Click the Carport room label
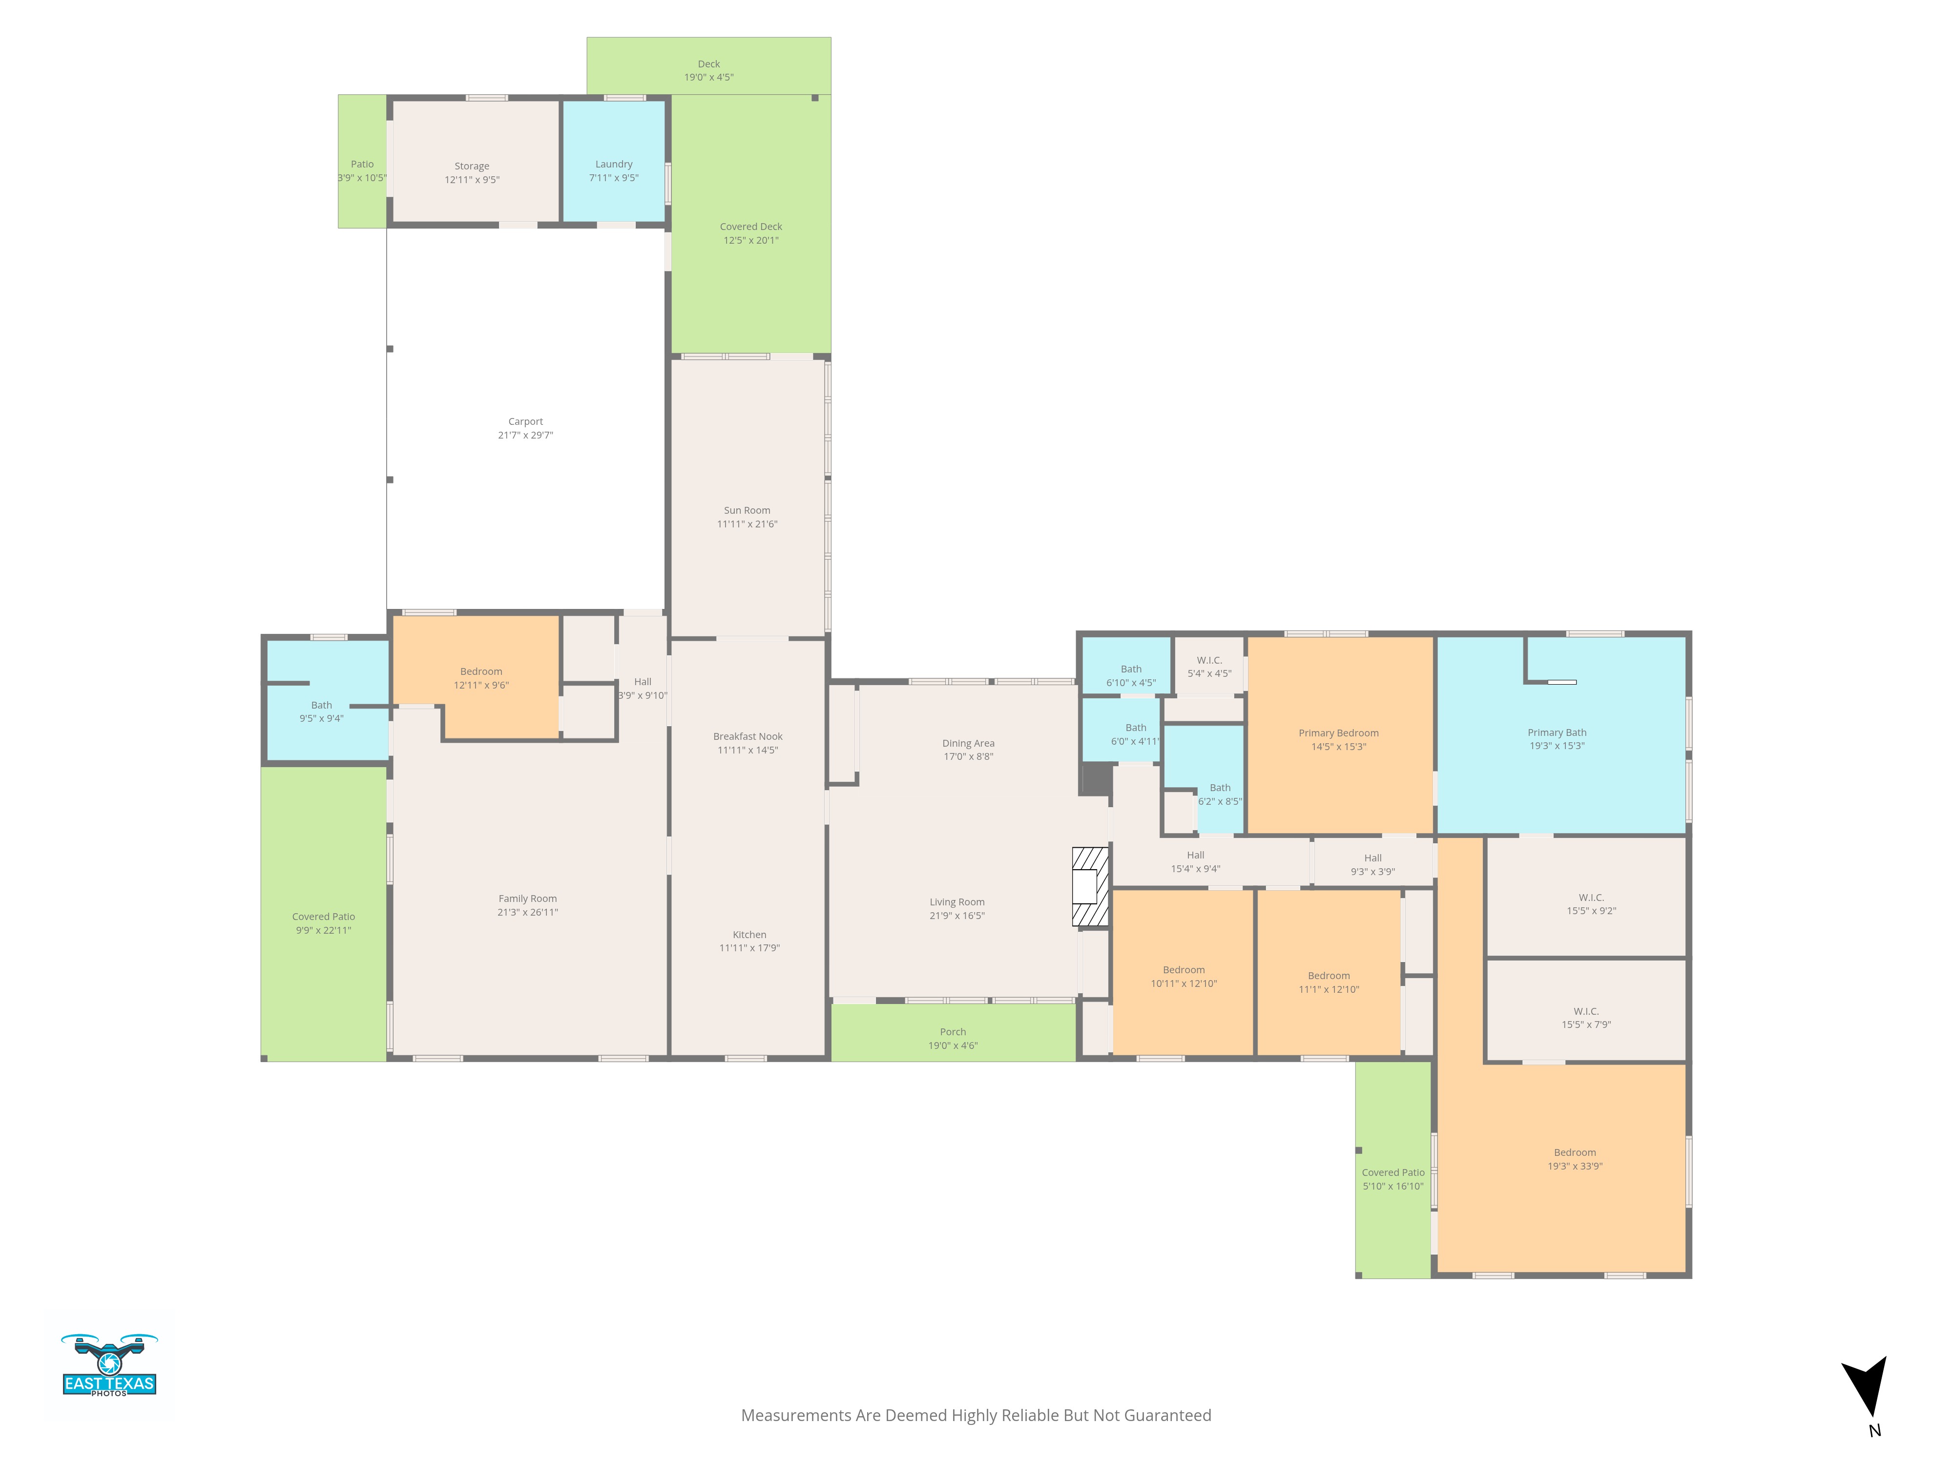[x=525, y=421]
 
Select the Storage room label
[x=472, y=166]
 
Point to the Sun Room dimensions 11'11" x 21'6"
[x=747, y=523]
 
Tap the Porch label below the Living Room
[x=953, y=1031]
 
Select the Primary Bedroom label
[x=1338, y=733]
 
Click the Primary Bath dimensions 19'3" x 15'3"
[x=1557, y=745]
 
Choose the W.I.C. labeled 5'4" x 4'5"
[x=1209, y=667]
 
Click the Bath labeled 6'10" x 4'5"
[x=1130, y=675]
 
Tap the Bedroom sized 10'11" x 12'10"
[x=1183, y=976]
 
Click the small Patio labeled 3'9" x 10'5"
[x=362, y=170]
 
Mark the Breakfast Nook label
[x=748, y=736]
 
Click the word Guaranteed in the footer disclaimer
[x=1167, y=1416]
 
